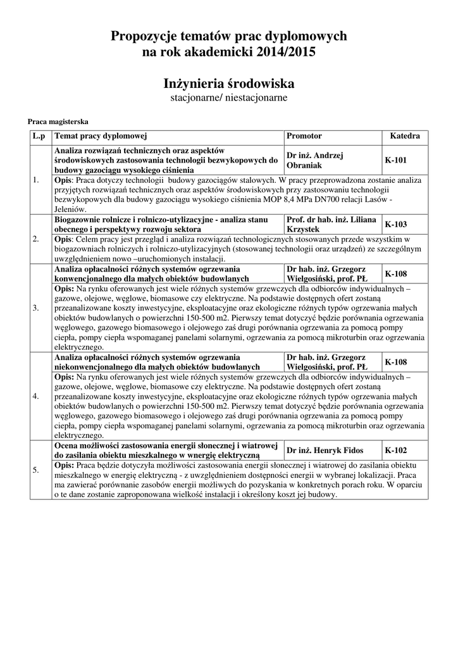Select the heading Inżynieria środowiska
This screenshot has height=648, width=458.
(229, 84)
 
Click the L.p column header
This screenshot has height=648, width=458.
(39, 136)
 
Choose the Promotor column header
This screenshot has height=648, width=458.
(304, 136)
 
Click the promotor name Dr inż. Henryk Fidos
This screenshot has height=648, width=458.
(325, 450)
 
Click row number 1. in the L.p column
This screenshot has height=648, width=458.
(36, 180)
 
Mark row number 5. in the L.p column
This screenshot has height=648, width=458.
(36, 470)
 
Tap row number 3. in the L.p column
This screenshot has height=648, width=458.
(36, 308)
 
